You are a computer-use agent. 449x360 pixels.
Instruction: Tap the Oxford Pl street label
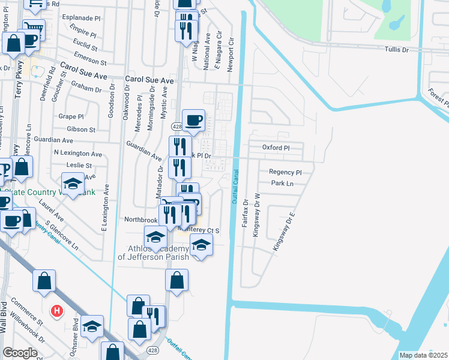pyautogui.click(x=276, y=148)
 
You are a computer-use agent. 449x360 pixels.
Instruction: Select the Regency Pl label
pyautogui.click(x=285, y=172)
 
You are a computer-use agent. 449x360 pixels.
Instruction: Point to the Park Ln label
pyautogui.click(x=282, y=184)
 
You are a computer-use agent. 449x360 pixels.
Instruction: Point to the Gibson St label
pyautogui.click(x=82, y=129)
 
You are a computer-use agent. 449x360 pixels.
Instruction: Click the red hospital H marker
pyautogui.click(x=56, y=311)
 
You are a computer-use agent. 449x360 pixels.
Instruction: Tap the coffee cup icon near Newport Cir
pyautogui.click(x=193, y=120)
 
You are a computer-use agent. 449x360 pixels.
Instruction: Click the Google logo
pyautogui.click(x=20, y=353)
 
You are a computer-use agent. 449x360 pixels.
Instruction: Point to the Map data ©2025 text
pyautogui.click(x=423, y=355)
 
